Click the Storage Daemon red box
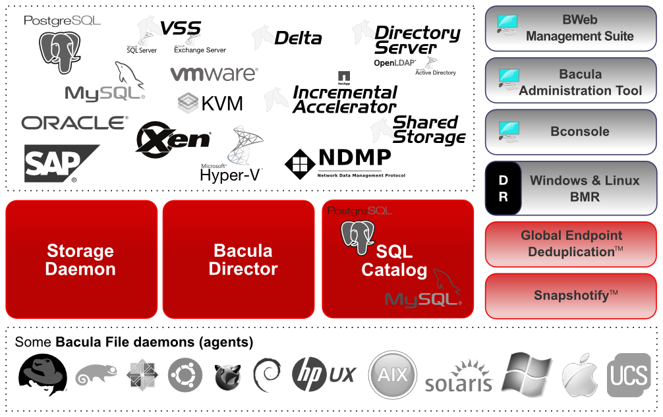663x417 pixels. point(81,260)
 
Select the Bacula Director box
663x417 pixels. point(243,260)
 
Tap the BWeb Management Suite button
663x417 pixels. point(571,28)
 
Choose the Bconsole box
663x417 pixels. point(571,132)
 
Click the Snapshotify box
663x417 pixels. point(571,296)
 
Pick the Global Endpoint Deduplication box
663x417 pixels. point(571,244)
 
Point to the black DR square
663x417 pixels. point(503,188)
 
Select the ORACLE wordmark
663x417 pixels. point(74,123)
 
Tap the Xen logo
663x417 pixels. point(173,139)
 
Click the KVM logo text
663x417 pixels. point(211,103)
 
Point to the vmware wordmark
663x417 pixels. point(214,74)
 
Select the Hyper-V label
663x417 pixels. point(230,175)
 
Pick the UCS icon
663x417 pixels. point(629,375)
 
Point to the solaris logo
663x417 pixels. point(459,377)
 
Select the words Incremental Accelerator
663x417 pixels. point(345,99)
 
